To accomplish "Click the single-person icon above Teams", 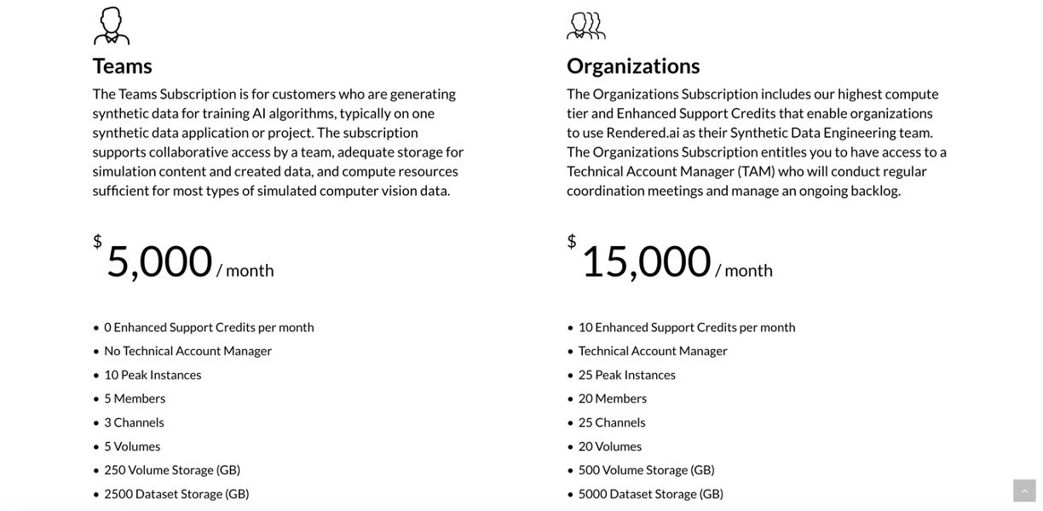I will [x=112, y=26].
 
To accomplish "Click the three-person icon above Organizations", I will [x=585, y=26].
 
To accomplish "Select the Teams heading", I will [x=123, y=66].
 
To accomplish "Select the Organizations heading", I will [x=633, y=66].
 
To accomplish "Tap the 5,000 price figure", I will [x=159, y=261].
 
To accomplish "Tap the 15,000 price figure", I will [x=646, y=261].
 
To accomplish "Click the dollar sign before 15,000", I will [x=572, y=242].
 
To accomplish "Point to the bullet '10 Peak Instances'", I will [x=153, y=375].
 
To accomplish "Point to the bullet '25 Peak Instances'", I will [x=626, y=375].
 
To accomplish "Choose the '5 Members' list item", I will [x=135, y=399].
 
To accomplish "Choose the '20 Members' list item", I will [x=612, y=399].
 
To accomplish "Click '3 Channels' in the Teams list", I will [x=134, y=422].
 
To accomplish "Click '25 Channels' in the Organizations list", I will [x=612, y=422].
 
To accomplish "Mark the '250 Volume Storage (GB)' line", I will [x=172, y=470].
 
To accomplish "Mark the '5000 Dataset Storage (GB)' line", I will [x=650, y=494].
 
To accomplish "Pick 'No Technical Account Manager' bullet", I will [x=187, y=351].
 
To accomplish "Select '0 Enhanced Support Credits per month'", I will [x=209, y=327].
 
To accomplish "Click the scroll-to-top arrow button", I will [x=1024, y=491].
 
